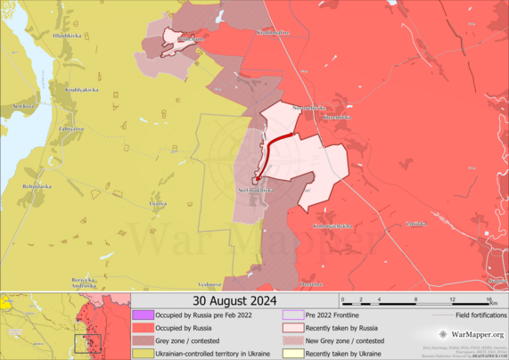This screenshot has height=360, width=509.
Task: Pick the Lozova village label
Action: [x=158, y=204]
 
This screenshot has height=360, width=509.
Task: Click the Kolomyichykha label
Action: [x=332, y=226]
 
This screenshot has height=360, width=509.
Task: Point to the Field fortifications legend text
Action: [x=480, y=315]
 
